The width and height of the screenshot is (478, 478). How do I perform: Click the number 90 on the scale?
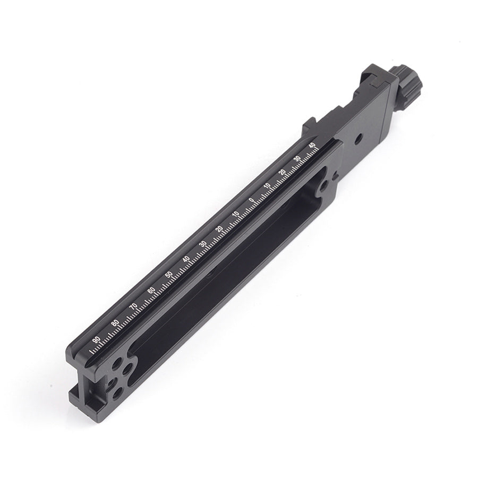(x=96, y=339)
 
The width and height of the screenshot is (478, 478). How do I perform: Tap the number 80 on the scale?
(x=115, y=323)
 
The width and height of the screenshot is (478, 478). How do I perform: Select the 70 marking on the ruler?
(x=133, y=306)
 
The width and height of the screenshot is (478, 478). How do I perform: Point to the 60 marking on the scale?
(x=151, y=290)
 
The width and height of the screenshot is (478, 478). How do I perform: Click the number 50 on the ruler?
(x=168, y=274)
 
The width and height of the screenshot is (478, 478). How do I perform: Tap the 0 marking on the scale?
(x=251, y=200)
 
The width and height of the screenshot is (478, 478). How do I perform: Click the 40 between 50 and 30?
(x=186, y=259)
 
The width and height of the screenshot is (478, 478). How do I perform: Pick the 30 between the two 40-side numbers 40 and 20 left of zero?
(x=202, y=244)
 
